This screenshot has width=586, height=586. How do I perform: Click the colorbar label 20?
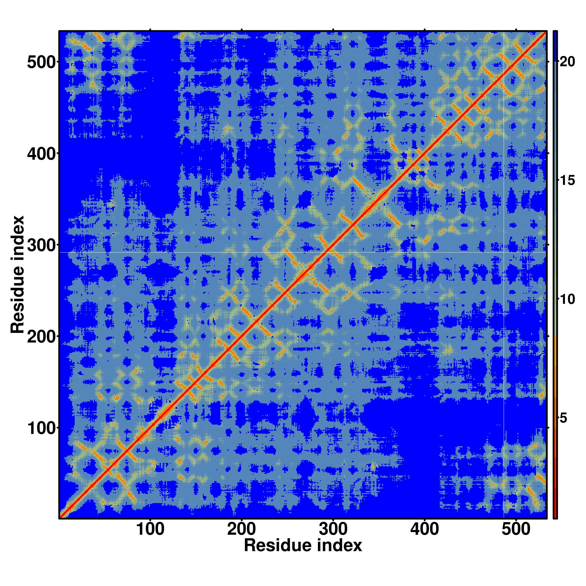tap(567, 62)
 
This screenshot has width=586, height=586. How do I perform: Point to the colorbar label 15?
tap(567, 181)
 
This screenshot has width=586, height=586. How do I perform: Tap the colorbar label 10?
tap(567, 299)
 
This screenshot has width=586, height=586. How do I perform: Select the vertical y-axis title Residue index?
tap(17, 275)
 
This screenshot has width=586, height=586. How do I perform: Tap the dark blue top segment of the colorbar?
tap(555, 45)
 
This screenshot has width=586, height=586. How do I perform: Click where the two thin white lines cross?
tap(503, 252)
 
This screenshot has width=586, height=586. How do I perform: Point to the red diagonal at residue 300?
tap(333, 245)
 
